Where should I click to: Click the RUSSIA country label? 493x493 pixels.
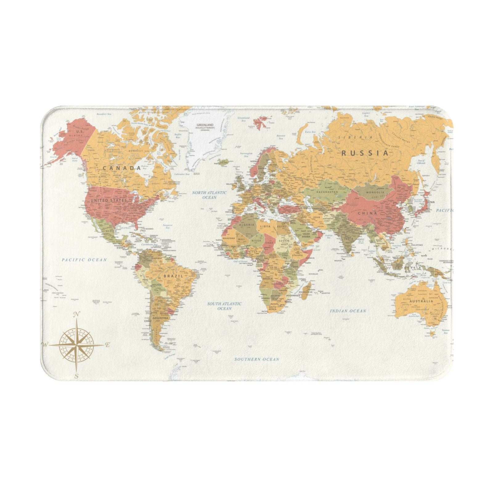point(365,153)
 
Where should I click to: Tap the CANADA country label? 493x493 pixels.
point(121,168)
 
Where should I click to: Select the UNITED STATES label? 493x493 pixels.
point(108,201)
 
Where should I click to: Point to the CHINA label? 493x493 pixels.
point(367,213)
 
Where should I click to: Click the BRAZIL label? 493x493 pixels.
point(173,276)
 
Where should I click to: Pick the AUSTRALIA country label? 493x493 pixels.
point(421,301)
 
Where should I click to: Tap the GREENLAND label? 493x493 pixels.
point(205,125)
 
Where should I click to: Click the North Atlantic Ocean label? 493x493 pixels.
point(209,195)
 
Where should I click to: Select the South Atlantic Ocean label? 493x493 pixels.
point(224,306)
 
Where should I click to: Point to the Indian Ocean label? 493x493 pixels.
point(348,311)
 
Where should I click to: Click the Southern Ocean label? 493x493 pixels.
point(257,359)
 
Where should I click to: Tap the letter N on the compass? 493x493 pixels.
point(77,315)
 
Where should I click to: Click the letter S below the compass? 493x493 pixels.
point(77,376)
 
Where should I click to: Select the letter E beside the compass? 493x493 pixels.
point(108,345)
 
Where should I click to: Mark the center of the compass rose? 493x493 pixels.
point(76,345)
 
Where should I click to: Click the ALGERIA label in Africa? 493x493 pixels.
point(247,225)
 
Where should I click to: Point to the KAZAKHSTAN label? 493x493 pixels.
point(327,192)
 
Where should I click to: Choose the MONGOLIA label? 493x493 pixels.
point(375,192)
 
